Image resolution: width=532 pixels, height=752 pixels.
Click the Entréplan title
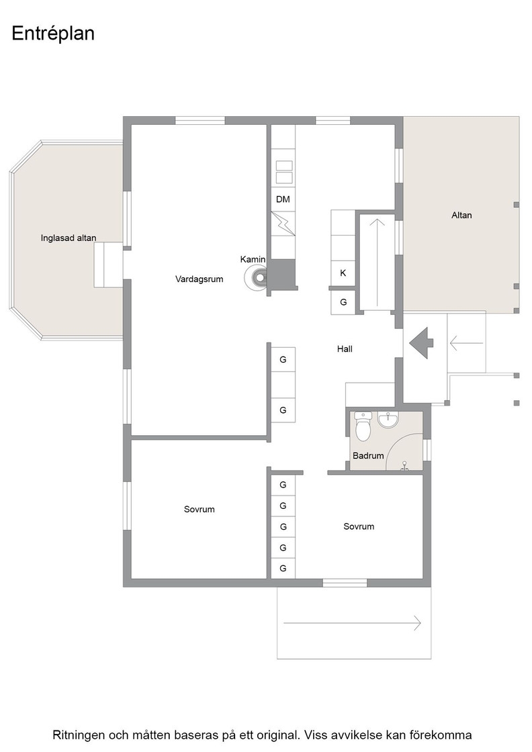pyautogui.click(x=53, y=34)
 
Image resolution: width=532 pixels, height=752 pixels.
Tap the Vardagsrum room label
pyautogui.click(x=199, y=279)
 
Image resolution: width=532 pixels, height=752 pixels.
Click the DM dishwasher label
pyautogui.click(x=283, y=199)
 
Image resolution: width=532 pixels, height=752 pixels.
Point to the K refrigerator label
pyautogui.click(x=343, y=273)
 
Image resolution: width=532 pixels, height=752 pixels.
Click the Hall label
pyautogui.click(x=345, y=349)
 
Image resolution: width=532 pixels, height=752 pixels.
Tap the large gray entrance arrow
pyautogui.click(x=421, y=343)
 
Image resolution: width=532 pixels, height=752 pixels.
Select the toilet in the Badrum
pyautogui.click(x=363, y=426)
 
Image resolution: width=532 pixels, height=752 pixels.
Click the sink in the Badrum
pyautogui.click(x=388, y=420)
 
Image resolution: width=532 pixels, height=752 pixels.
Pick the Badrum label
pyautogui.click(x=368, y=456)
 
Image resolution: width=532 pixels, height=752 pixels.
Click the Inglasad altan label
pyautogui.click(x=69, y=238)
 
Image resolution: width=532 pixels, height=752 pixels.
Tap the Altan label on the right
pyautogui.click(x=461, y=216)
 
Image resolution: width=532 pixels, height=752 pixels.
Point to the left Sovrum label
pyautogui.click(x=199, y=510)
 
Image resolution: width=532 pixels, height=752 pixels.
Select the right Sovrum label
pyautogui.click(x=359, y=526)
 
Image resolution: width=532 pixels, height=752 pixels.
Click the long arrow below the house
pyautogui.click(x=352, y=623)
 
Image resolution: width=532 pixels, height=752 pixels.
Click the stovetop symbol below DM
pyautogui.click(x=283, y=224)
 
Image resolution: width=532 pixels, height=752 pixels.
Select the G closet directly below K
pyautogui.click(x=343, y=302)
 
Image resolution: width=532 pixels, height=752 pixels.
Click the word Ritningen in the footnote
pyautogui.click(x=78, y=735)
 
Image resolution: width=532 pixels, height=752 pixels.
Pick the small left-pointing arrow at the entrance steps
pyautogui.click(x=466, y=343)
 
